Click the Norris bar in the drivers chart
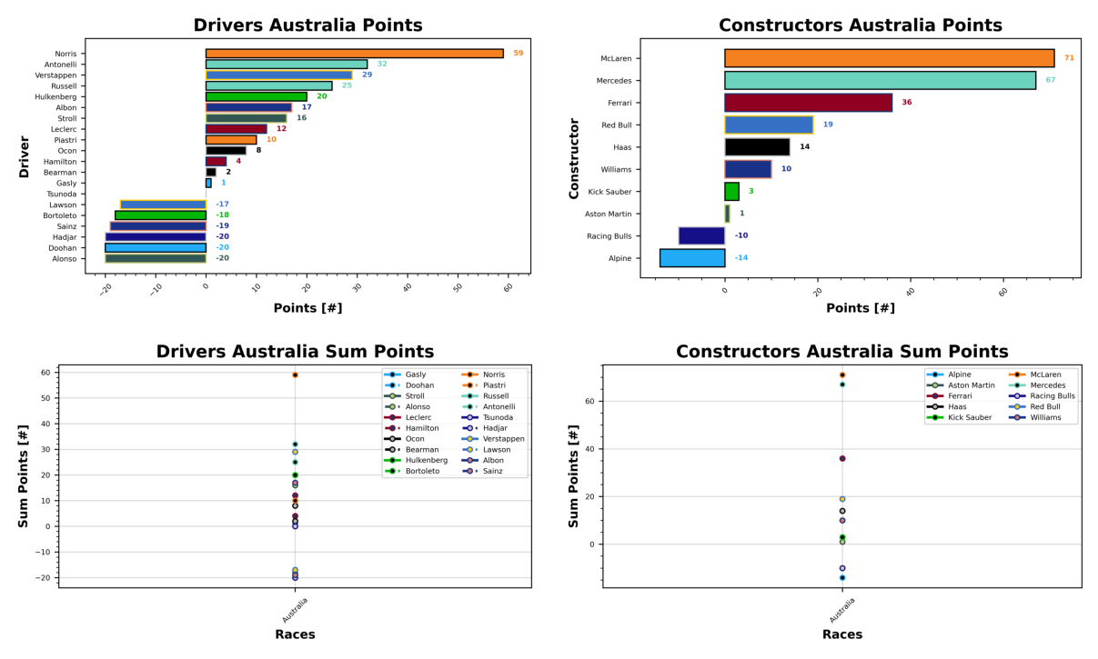point(355,54)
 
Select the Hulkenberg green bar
point(257,96)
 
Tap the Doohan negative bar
point(156,247)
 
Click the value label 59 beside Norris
point(518,54)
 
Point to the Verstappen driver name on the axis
point(55,75)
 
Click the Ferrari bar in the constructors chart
point(808,103)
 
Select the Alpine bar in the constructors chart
point(692,258)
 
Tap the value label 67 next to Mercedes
point(1051,81)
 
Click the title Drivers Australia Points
point(307,25)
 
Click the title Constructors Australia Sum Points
point(841,352)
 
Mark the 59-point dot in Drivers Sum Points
point(295,375)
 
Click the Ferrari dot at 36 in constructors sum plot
point(842,459)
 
